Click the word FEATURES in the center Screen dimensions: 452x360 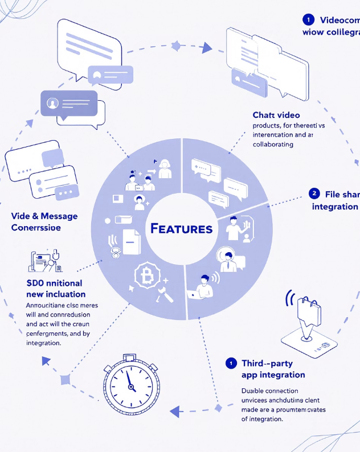tap(182, 229)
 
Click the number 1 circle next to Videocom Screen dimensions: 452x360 tap(308, 20)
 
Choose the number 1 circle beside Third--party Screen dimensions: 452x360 tap(231, 363)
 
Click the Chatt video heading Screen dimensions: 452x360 tap(276, 115)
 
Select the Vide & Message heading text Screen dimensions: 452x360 tap(44, 216)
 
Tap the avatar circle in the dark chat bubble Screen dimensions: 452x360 tap(53, 103)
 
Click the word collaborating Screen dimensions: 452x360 tap(273, 145)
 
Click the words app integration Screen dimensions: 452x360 tap(265, 375)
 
